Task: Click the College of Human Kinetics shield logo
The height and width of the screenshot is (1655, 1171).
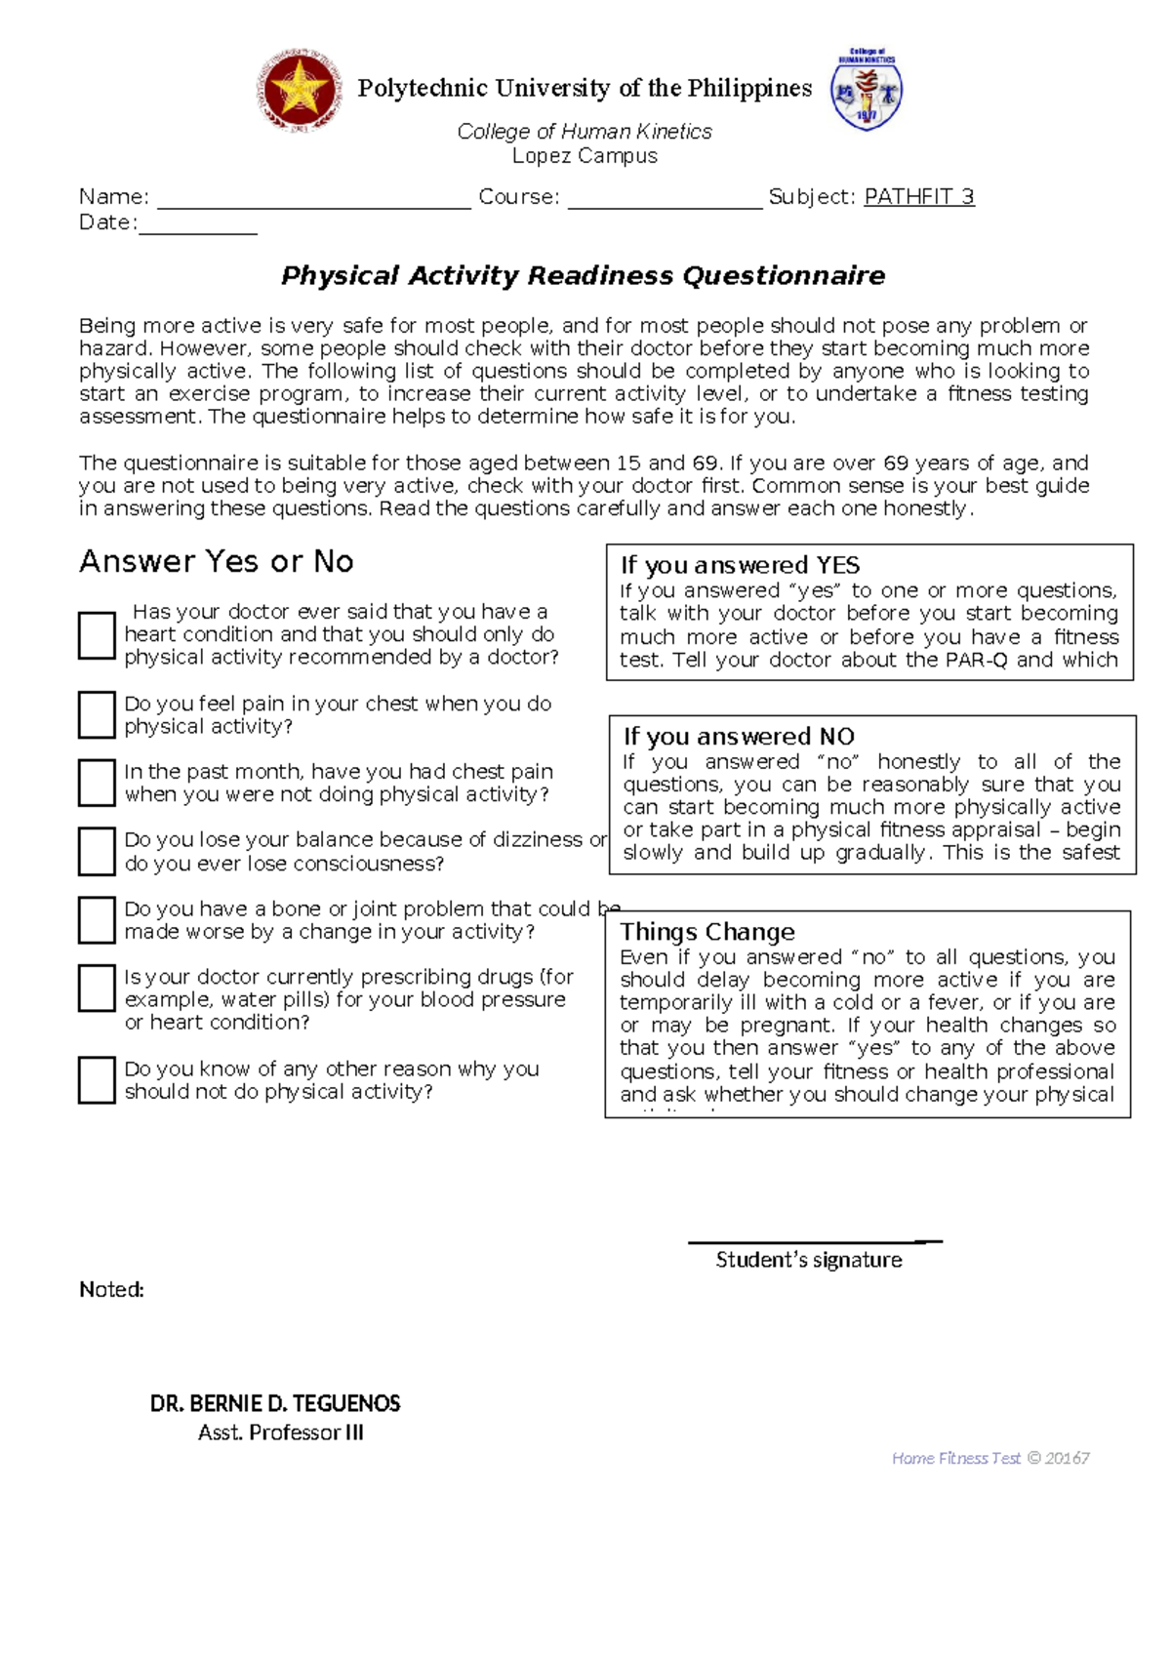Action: [866, 90]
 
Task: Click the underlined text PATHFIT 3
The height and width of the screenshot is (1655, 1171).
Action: [918, 197]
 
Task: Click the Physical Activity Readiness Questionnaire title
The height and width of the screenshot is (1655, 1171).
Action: [583, 276]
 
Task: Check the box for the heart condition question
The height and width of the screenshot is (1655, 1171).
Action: [97, 635]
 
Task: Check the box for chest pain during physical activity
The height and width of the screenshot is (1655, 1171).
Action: [97, 715]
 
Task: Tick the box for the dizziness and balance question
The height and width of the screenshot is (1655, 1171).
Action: [97, 851]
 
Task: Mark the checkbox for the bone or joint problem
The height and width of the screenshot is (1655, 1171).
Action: [97, 920]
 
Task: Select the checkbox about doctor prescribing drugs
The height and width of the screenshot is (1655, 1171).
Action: [97, 989]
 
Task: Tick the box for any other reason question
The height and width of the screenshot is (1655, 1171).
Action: [97, 1080]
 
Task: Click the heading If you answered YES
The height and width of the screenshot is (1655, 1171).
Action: [740, 565]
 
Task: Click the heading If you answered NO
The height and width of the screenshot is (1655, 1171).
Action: [739, 737]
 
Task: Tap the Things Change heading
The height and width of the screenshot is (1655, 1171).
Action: [707, 932]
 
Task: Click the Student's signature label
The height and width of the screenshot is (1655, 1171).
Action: [808, 1260]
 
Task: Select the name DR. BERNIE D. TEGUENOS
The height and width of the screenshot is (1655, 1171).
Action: [275, 1404]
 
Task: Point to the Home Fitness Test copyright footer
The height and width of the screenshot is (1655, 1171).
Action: [989, 1458]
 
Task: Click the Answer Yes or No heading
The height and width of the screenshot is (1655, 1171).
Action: [216, 562]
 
